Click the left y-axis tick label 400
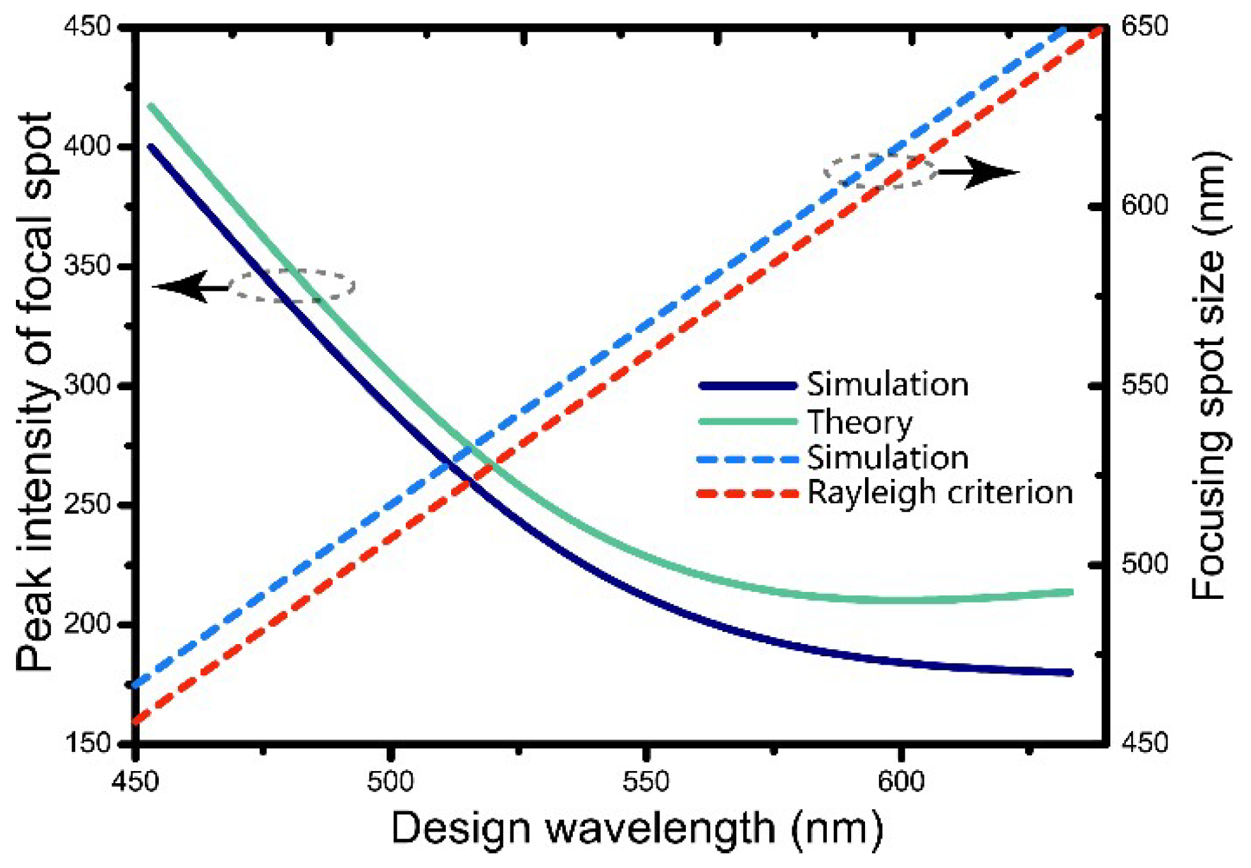[x=88, y=147]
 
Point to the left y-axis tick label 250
[x=88, y=504]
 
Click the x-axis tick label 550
[x=646, y=781]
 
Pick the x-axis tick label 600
[x=901, y=781]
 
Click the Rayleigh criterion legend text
[x=940, y=493]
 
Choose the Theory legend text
[x=859, y=422]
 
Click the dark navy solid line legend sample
[x=748, y=386]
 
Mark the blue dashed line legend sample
[x=748, y=459]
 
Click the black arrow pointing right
[x=979, y=172]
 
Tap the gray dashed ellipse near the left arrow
[x=292, y=286]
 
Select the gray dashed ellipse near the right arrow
[x=879, y=171]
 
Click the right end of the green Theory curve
[x=1070, y=592]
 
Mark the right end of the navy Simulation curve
[x=1070, y=673]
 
